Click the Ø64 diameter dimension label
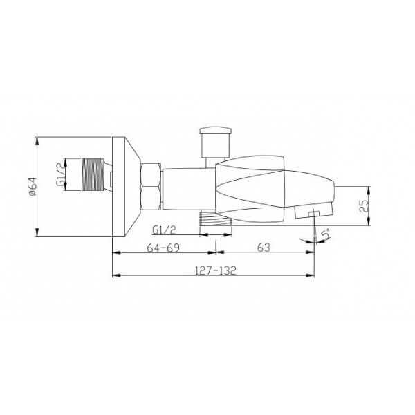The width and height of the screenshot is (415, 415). (33, 187)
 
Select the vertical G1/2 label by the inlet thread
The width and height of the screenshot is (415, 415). (60, 175)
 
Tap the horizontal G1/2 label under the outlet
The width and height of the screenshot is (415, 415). (164, 230)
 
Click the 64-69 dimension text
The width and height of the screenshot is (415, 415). (163, 248)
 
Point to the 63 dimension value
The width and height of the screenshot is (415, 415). (264, 248)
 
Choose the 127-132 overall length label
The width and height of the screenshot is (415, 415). (215, 270)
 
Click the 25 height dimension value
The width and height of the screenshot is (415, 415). (365, 205)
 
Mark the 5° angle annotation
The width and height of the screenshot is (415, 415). (326, 235)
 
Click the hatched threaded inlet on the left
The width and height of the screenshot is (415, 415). (93, 174)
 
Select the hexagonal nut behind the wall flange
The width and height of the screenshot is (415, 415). (151, 187)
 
